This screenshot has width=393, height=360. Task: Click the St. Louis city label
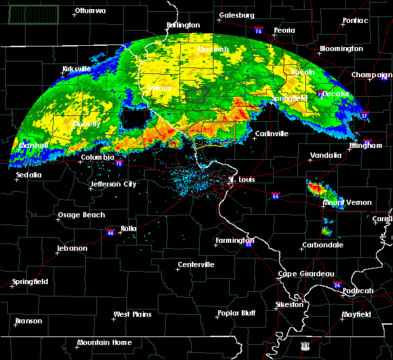point(240,178)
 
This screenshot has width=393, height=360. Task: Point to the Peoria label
point(284,30)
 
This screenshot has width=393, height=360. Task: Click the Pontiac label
point(354,20)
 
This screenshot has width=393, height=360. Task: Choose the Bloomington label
point(341,49)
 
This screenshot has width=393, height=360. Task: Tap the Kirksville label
point(76,69)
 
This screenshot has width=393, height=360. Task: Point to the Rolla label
point(128,228)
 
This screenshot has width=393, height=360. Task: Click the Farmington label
point(234,240)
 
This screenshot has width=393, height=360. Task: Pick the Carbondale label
point(322,245)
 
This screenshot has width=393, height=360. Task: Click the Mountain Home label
point(104,342)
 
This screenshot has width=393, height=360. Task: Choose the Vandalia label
point(326,156)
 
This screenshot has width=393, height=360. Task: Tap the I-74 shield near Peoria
point(259,31)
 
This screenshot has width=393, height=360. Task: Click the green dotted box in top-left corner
point(33,14)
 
